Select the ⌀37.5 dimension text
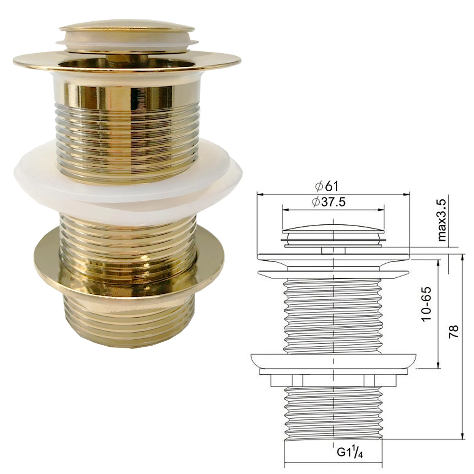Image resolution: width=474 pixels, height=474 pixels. pyautogui.click(x=328, y=202)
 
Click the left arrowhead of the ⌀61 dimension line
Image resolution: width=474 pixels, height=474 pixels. pyautogui.click(x=260, y=194)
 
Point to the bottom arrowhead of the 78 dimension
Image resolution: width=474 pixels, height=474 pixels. pyautogui.click(x=462, y=436)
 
